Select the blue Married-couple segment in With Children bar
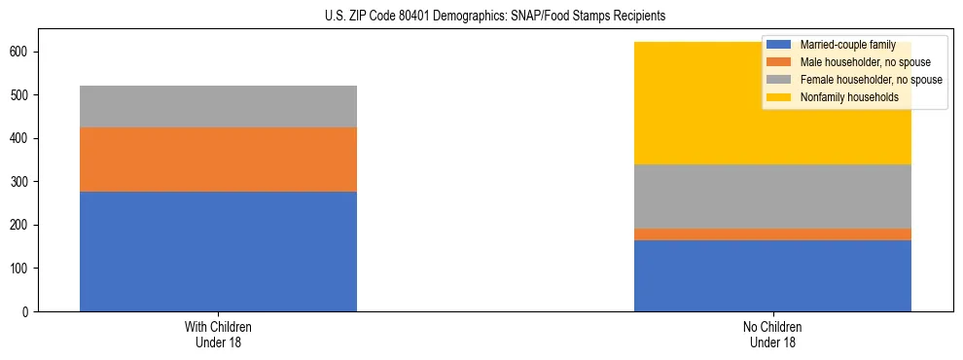tap(218, 251)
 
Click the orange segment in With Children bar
tap(218, 160)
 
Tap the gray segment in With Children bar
tap(218, 106)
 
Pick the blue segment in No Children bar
tap(772, 275)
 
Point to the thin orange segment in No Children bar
tap(772, 234)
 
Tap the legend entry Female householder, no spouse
tap(859, 80)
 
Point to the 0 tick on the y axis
tap(29, 311)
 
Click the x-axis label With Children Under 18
tap(218, 335)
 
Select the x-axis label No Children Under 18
tap(772, 335)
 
